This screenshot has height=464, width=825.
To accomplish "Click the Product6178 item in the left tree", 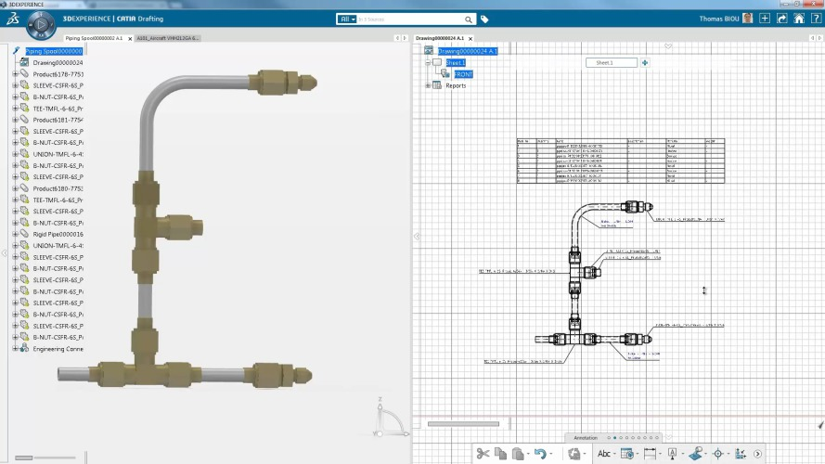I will pyautogui.click(x=58, y=74).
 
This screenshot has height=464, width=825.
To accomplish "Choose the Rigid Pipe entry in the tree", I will pyautogui.click(x=58, y=234).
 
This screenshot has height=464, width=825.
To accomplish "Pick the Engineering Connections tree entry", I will pyautogui.click(x=58, y=349).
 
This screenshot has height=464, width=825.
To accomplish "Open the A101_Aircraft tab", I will pyautogui.click(x=168, y=38).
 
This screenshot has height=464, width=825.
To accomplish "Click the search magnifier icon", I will pyautogui.click(x=469, y=19).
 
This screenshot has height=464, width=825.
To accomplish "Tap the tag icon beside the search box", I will pyautogui.click(x=484, y=19).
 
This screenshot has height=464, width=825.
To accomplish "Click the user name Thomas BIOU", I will pyautogui.click(x=726, y=19).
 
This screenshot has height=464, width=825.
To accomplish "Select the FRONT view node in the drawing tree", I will pyautogui.click(x=463, y=74).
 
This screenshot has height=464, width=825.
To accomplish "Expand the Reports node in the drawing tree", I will pyautogui.click(x=428, y=85).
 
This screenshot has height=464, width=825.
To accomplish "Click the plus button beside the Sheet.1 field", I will pyautogui.click(x=645, y=63).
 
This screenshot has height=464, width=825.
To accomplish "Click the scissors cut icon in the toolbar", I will pyautogui.click(x=483, y=454).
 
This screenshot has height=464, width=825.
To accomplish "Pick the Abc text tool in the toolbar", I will pyautogui.click(x=604, y=454).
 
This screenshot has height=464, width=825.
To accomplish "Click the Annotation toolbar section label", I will pyautogui.click(x=586, y=437).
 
